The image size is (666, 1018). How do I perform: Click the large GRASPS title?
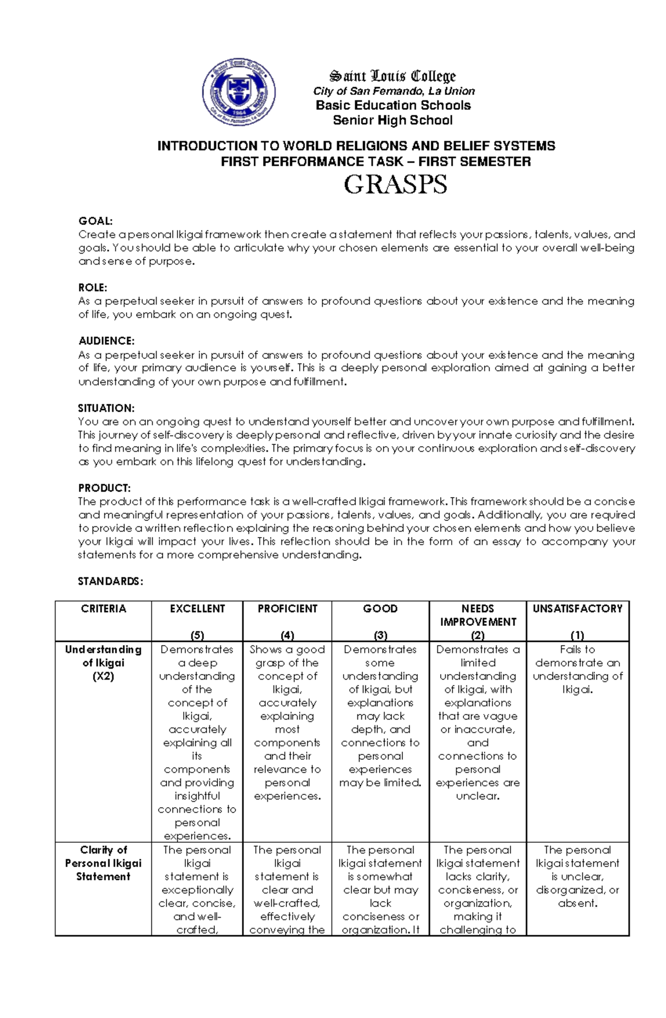pos(395,185)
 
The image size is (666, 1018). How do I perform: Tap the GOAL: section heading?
pos(95,221)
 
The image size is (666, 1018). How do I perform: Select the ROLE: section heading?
pos(93,287)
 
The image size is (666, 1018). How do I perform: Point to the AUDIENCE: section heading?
pos(107,341)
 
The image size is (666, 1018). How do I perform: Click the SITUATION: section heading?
pos(106,408)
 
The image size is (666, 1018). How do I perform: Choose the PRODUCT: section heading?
pos(104,488)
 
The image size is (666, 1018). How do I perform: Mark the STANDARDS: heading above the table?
pos(110,581)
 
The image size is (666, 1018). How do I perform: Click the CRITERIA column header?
pos(103,609)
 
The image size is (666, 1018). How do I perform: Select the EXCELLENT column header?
pos(197,609)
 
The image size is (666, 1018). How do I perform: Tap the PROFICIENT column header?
pos(287,609)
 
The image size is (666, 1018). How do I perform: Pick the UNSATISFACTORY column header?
pos(577,609)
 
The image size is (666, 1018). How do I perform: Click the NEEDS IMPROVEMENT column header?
pos(477,615)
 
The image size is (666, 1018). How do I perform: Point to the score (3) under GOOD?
pos(380,635)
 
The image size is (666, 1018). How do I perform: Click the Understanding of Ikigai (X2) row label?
pos(103,662)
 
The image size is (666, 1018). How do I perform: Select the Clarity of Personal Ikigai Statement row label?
pos(103,863)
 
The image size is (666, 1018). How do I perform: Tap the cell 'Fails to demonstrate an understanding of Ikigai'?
pos(577,669)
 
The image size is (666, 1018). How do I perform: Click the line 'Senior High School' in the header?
pos(392,120)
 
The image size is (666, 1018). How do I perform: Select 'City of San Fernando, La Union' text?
pos(393,91)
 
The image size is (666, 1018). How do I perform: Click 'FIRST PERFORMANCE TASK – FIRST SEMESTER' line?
pos(376,161)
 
